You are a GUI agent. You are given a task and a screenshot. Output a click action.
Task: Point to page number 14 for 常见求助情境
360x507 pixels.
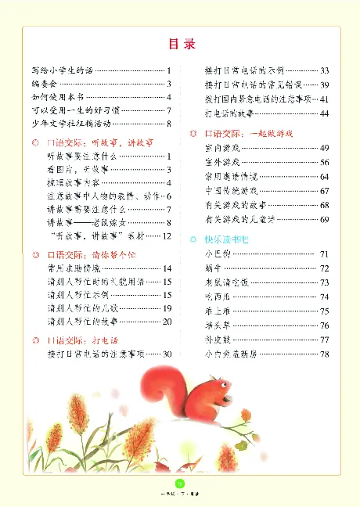[x=167, y=268]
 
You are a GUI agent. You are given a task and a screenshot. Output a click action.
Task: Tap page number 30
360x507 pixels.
[x=167, y=354]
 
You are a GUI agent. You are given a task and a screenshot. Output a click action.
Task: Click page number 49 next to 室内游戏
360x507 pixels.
[x=324, y=148]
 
